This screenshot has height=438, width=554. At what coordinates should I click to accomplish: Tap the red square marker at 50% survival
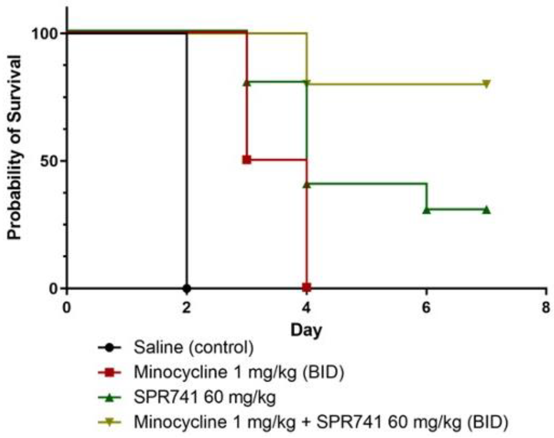tap(247, 160)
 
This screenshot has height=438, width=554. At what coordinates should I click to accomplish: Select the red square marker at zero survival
tap(307, 287)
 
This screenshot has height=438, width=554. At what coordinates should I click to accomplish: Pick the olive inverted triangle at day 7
tap(486, 84)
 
